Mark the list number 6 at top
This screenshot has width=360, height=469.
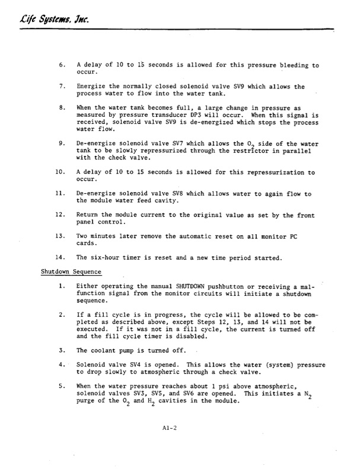point(62,65)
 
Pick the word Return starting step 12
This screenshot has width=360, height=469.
point(90,215)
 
